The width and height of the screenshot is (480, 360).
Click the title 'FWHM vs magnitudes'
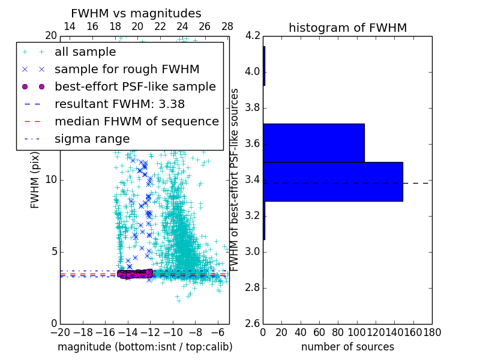click(136, 13)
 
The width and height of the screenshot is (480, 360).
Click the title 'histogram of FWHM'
click(347, 28)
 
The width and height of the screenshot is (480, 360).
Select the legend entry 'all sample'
click(85, 52)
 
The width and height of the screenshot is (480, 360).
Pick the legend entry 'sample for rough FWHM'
click(127, 69)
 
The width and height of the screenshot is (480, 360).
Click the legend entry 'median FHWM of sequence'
click(136, 121)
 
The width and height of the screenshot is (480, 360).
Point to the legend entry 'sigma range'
click(92, 139)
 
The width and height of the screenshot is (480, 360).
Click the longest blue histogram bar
click(332, 181)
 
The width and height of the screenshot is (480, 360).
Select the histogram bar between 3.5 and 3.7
click(314, 143)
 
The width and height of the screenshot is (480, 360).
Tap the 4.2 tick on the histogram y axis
click(253, 35)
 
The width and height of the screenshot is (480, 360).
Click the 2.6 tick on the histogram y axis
click(253, 323)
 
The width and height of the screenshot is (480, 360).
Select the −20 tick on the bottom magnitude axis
click(60, 332)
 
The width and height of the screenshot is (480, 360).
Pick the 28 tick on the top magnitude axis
click(227, 26)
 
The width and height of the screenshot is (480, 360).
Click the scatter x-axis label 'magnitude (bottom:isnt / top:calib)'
click(145, 347)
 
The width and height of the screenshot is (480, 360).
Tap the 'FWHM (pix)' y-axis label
click(35, 179)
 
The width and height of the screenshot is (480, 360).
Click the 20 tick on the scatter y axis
click(51, 35)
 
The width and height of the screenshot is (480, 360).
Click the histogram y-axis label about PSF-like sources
click(235, 179)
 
